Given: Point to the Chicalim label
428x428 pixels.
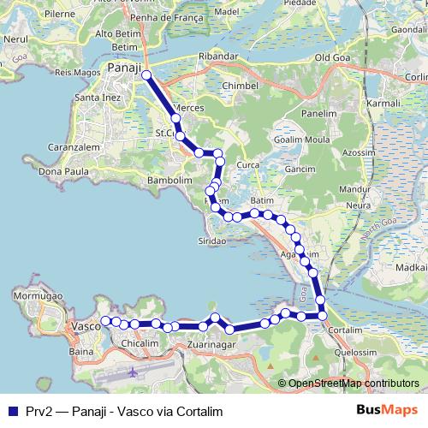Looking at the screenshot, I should [x=140, y=343].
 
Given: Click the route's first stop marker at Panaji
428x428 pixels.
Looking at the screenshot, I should [x=146, y=75].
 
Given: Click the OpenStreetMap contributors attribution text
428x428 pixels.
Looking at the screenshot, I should [x=352, y=383].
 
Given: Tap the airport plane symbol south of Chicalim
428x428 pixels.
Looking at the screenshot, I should [x=134, y=372].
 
